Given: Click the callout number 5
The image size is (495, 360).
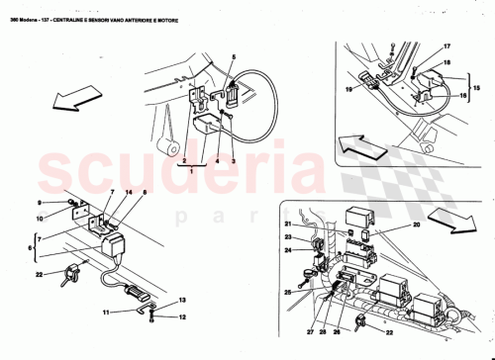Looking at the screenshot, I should click(x=233, y=59).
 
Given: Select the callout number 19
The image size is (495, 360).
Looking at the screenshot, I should click(x=349, y=88).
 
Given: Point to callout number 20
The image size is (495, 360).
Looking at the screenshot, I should click(x=416, y=225).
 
